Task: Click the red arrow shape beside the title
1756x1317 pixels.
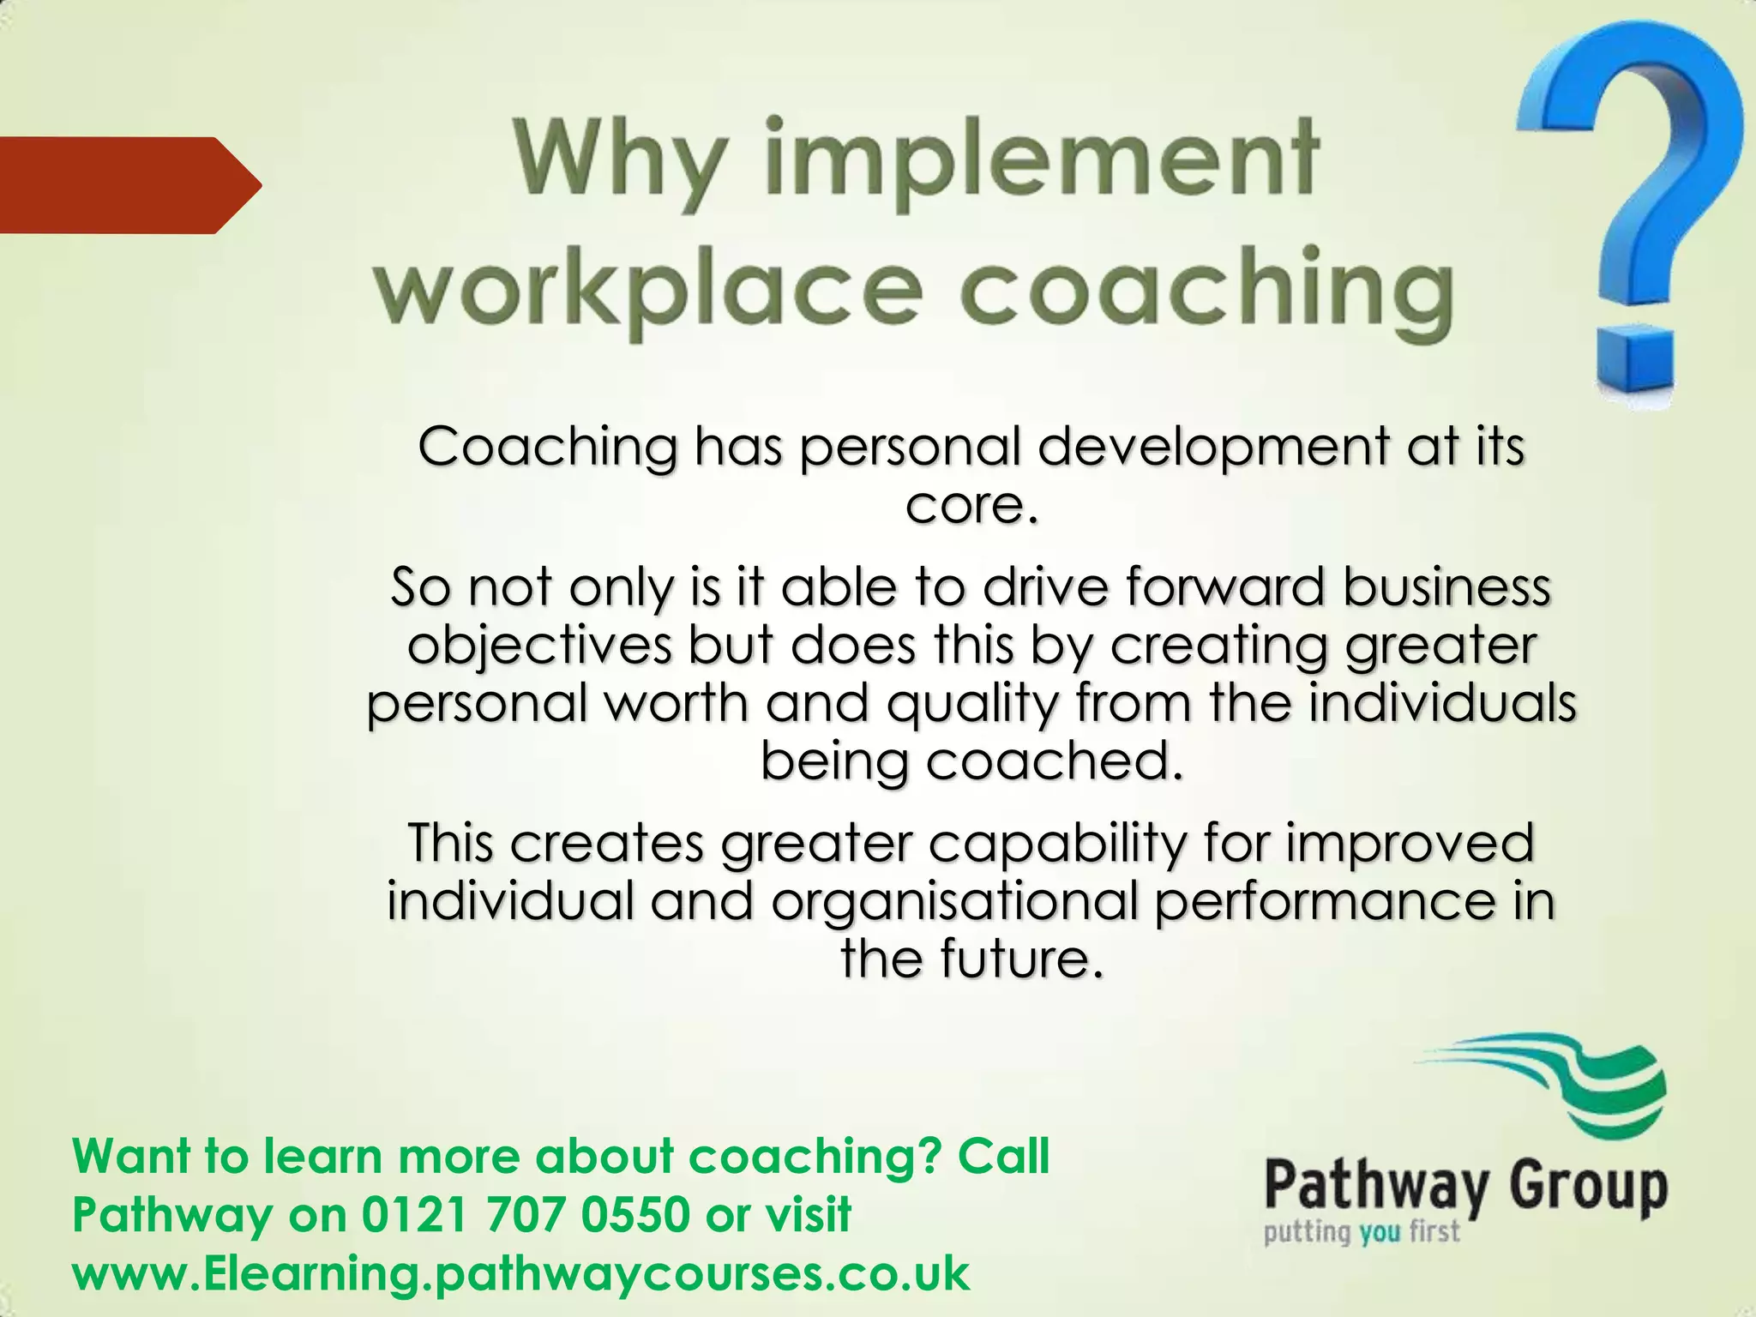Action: click(x=129, y=184)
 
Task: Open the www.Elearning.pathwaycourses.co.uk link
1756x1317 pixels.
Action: click(x=521, y=1272)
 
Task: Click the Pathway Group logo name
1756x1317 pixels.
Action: click(x=1466, y=1188)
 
